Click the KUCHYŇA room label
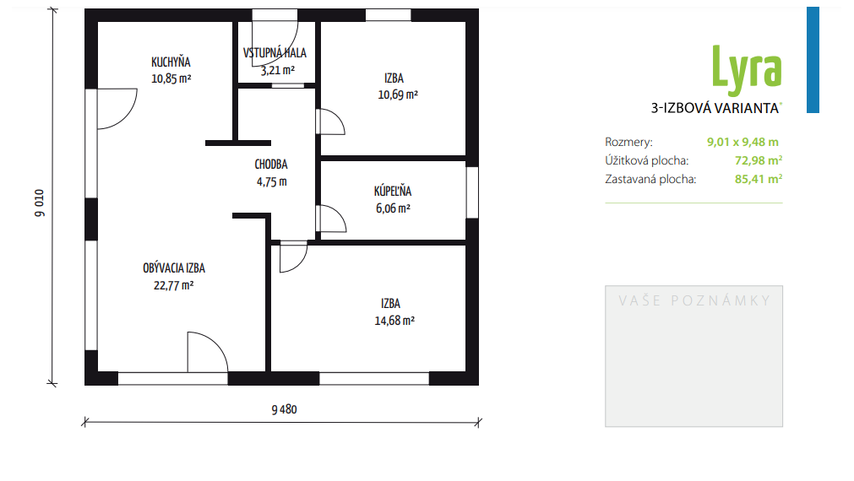pyautogui.click(x=171, y=62)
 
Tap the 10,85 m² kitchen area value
pyautogui.click(x=171, y=78)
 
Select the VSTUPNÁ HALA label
pyautogui.click(x=275, y=53)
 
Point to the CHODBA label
pyautogui.click(x=271, y=165)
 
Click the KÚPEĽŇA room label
pyautogui.click(x=393, y=191)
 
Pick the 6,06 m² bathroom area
pyautogui.click(x=393, y=208)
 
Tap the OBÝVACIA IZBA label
pyautogui.click(x=174, y=268)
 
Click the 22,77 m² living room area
pyautogui.click(x=174, y=285)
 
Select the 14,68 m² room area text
pyautogui.click(x=394, y=321)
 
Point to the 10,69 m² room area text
pyautogui.click(x=398, y=95)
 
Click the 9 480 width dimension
pyautogui.click(x=285, y=410)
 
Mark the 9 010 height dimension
pyautogui.click(x=40, y=203)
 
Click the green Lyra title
pyautogui.click(x=747, y=70)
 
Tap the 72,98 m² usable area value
pyautogui.click(x=759, y=160)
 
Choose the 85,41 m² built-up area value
pyautogui.click(x=759, y=179)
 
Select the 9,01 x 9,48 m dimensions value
pyautogui.click(x=742, y=142)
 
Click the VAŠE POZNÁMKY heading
pyautogui.click(x=694, y=300)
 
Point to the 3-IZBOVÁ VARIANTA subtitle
pyautogui.click(x=715, y=108)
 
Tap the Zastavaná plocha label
pyautogui.click(x=650, y=179)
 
